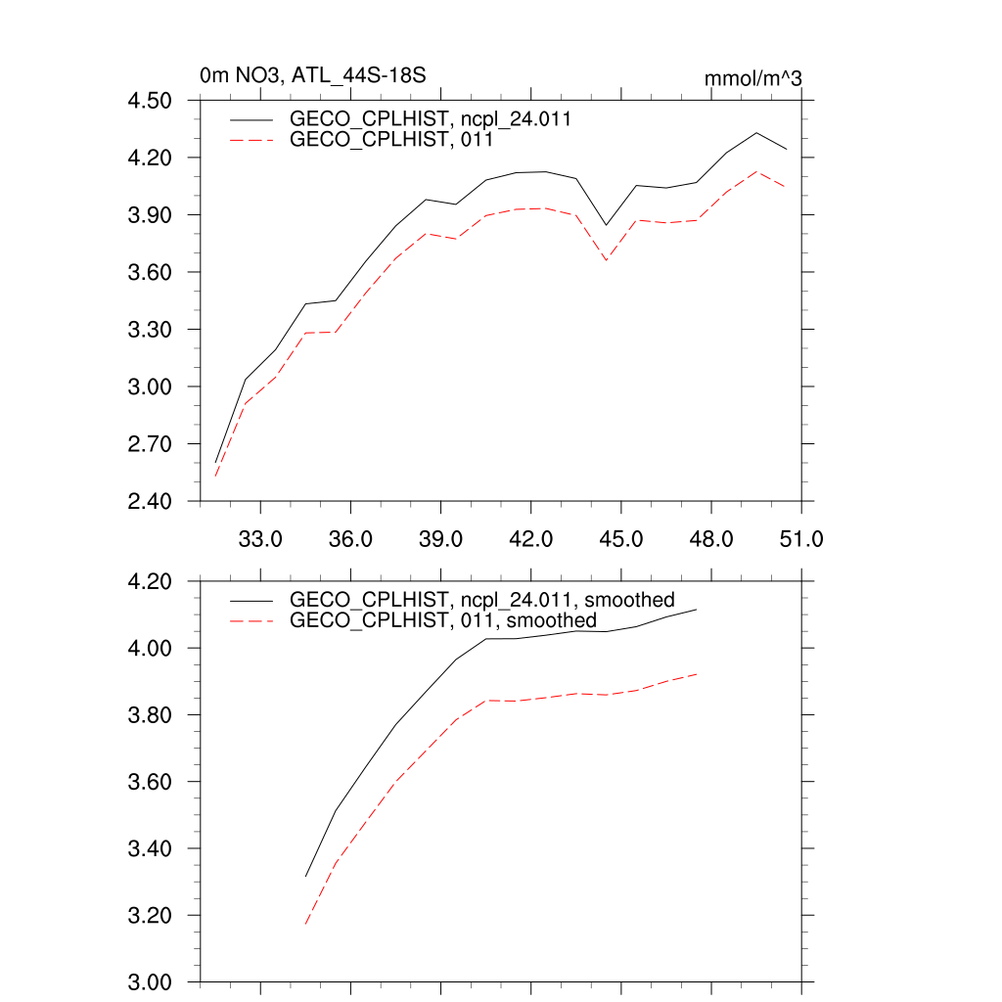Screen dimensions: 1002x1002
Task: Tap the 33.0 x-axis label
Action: point(260,539)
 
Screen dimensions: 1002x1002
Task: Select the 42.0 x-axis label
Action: point(530,539)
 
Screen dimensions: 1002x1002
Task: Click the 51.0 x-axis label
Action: point(800,539)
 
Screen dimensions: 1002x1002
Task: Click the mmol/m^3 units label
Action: point(753,76)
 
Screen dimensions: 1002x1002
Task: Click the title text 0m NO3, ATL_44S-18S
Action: point(313,74)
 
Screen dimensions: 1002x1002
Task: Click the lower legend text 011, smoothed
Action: point(443,620)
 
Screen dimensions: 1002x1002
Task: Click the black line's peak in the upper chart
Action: point(756,132)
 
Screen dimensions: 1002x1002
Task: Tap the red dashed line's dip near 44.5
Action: point(607,260)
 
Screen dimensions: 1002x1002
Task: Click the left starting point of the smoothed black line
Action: point(306,876)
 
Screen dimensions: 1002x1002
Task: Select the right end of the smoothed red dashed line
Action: point(696,673)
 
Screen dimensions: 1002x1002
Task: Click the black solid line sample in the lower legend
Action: point(251,599)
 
